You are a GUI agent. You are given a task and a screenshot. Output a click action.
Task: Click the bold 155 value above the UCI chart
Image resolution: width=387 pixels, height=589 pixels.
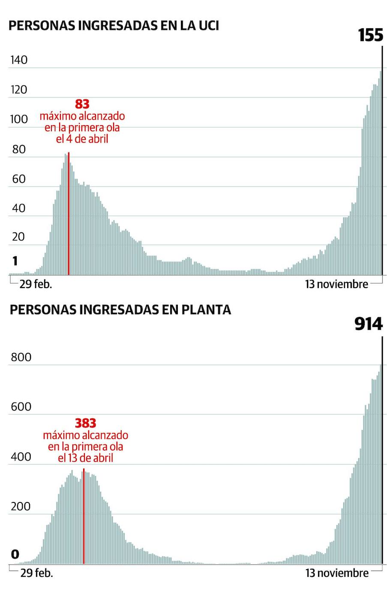370,35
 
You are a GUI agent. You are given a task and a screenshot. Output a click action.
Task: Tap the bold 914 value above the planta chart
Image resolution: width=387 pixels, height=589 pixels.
368,325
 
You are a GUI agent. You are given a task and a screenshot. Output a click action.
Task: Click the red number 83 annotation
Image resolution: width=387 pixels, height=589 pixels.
82,104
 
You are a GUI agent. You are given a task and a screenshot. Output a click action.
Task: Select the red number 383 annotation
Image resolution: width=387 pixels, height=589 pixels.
85,423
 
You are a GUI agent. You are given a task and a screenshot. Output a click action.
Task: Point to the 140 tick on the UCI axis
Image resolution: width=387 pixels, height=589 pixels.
19,60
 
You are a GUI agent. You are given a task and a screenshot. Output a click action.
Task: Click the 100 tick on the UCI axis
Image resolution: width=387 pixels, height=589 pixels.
19,119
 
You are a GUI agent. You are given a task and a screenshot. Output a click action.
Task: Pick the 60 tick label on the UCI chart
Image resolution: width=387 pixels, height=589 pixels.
19,179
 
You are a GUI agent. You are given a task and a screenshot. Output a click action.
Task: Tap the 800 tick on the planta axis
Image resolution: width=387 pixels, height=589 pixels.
21,357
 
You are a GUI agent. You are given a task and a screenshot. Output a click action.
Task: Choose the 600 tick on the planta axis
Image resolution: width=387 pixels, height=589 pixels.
21,406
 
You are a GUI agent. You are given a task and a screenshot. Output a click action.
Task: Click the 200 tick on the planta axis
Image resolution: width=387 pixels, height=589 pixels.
21,506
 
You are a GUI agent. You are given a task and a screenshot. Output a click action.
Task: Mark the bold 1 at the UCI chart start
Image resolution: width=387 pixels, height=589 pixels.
15,261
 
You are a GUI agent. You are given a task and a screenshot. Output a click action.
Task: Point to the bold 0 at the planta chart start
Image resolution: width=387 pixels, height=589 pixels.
15,554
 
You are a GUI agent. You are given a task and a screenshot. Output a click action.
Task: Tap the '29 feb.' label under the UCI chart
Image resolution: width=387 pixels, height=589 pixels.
36,284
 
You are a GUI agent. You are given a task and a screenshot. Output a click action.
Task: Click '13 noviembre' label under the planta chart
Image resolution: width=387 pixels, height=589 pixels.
336,573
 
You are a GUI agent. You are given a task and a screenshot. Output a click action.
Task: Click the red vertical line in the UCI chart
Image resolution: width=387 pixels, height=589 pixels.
69,214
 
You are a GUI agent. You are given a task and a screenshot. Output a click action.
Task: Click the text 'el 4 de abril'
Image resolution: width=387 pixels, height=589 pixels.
82,139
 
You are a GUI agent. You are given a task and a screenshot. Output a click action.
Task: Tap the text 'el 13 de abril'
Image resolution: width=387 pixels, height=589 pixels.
85,458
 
